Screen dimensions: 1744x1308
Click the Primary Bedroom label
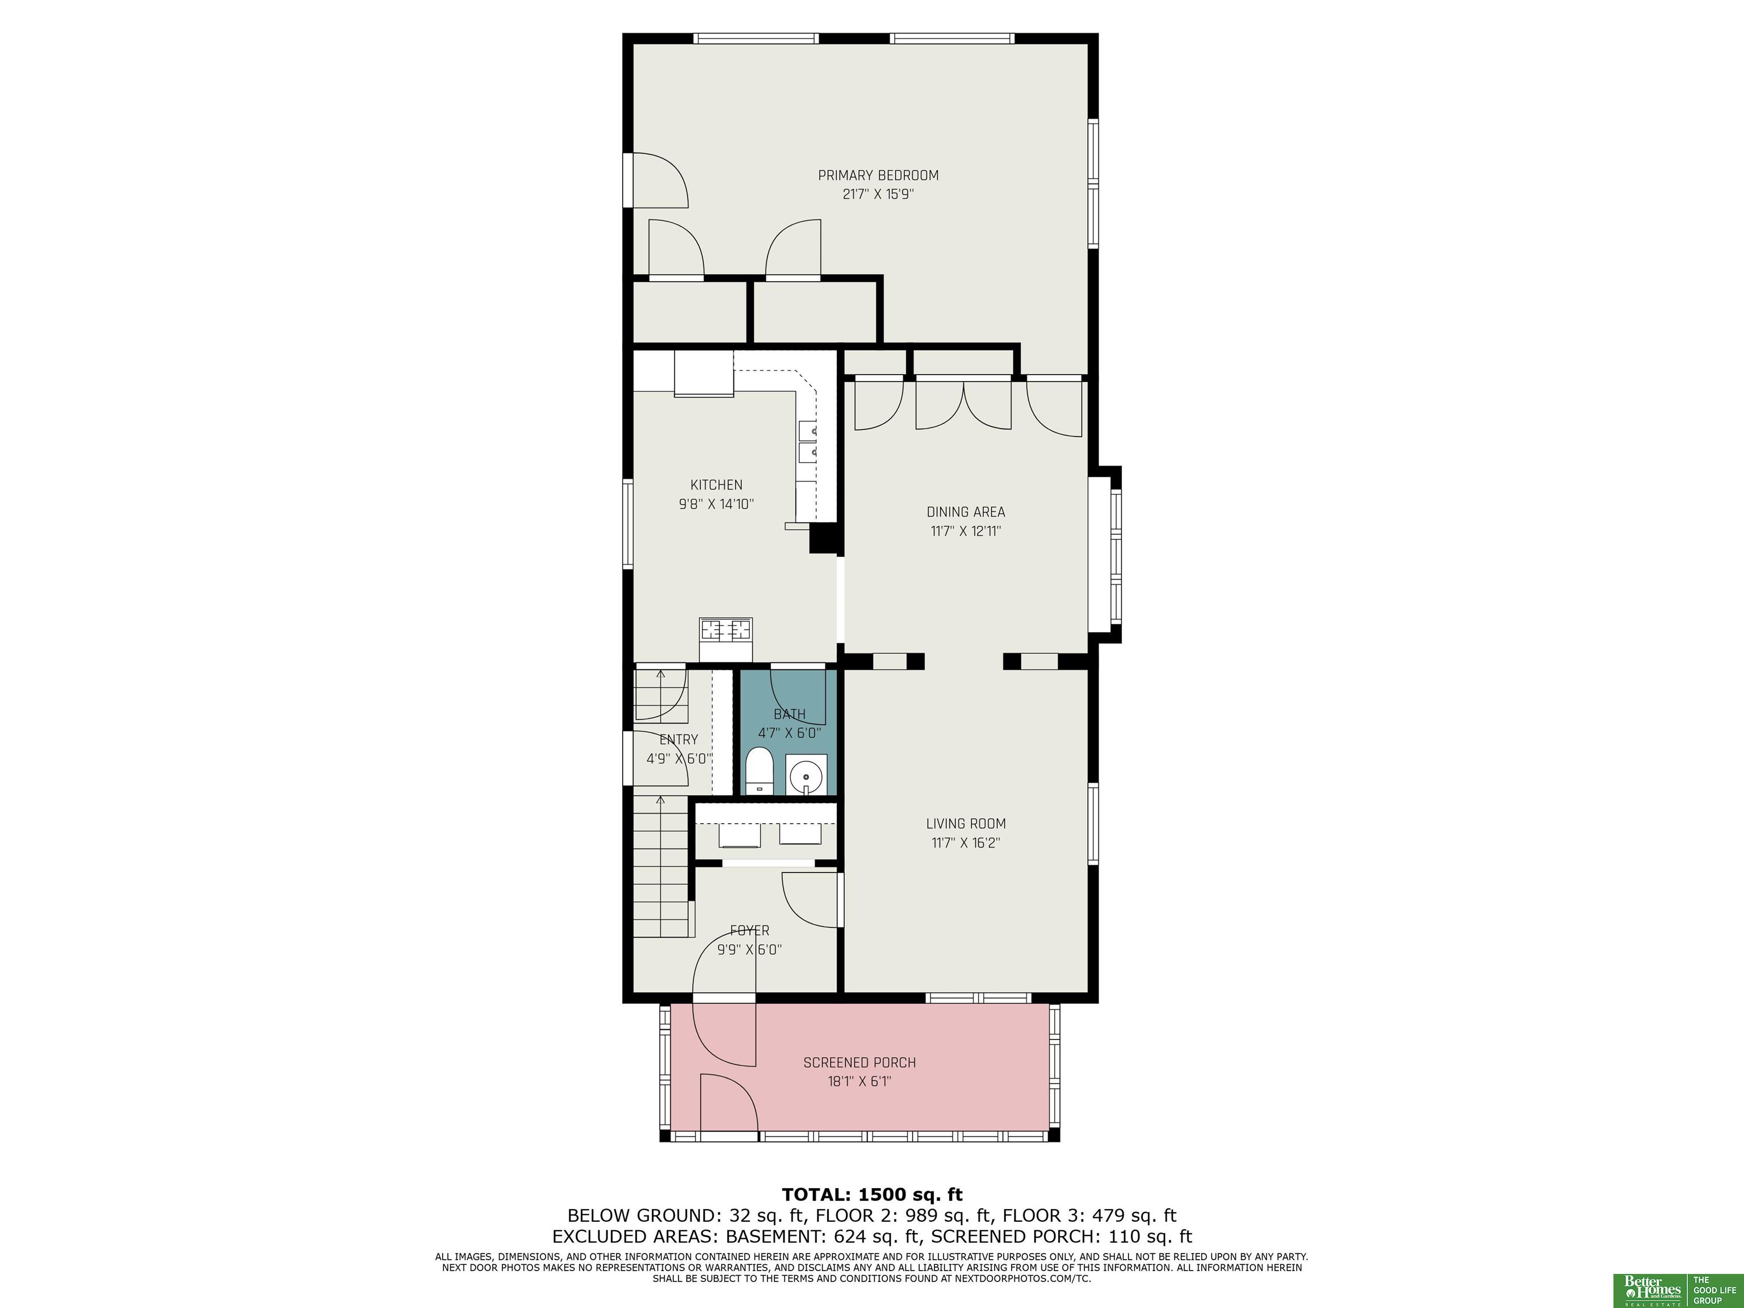(x=878, y=175)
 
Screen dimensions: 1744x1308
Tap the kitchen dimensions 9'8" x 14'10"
(x=716, y=504)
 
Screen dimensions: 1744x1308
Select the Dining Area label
(x=966, y=512)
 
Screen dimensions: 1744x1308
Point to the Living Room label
(x=966, y=824)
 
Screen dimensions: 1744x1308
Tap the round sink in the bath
(x=806, y=774)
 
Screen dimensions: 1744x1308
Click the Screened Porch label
(x=860, y=1063)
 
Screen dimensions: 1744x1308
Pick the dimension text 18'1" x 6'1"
(x=860, y=1081)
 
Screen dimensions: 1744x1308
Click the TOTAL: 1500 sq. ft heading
(x=872, y=1194)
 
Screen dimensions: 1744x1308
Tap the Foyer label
(x=749, y=930)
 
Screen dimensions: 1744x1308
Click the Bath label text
(x=789, y=714)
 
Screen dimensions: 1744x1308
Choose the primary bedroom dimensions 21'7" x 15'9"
(x=878, y=194)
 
